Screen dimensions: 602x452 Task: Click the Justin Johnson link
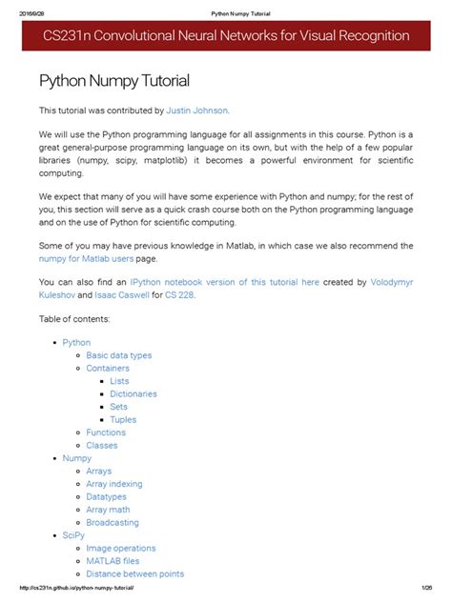197,110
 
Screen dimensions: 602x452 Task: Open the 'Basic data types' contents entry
118,355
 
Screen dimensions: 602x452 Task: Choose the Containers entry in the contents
108,368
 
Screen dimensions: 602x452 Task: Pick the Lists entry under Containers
119,381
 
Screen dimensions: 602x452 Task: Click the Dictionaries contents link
134,393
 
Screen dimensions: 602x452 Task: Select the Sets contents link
118,407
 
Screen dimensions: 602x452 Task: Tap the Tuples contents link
123,419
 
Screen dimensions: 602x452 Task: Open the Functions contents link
106,432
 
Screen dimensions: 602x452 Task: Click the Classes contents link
102,445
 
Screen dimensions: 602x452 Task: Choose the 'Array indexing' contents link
114,484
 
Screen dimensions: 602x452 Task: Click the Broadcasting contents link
113,522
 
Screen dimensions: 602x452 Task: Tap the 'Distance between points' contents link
134,573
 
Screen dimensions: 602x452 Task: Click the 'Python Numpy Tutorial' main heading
113,81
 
